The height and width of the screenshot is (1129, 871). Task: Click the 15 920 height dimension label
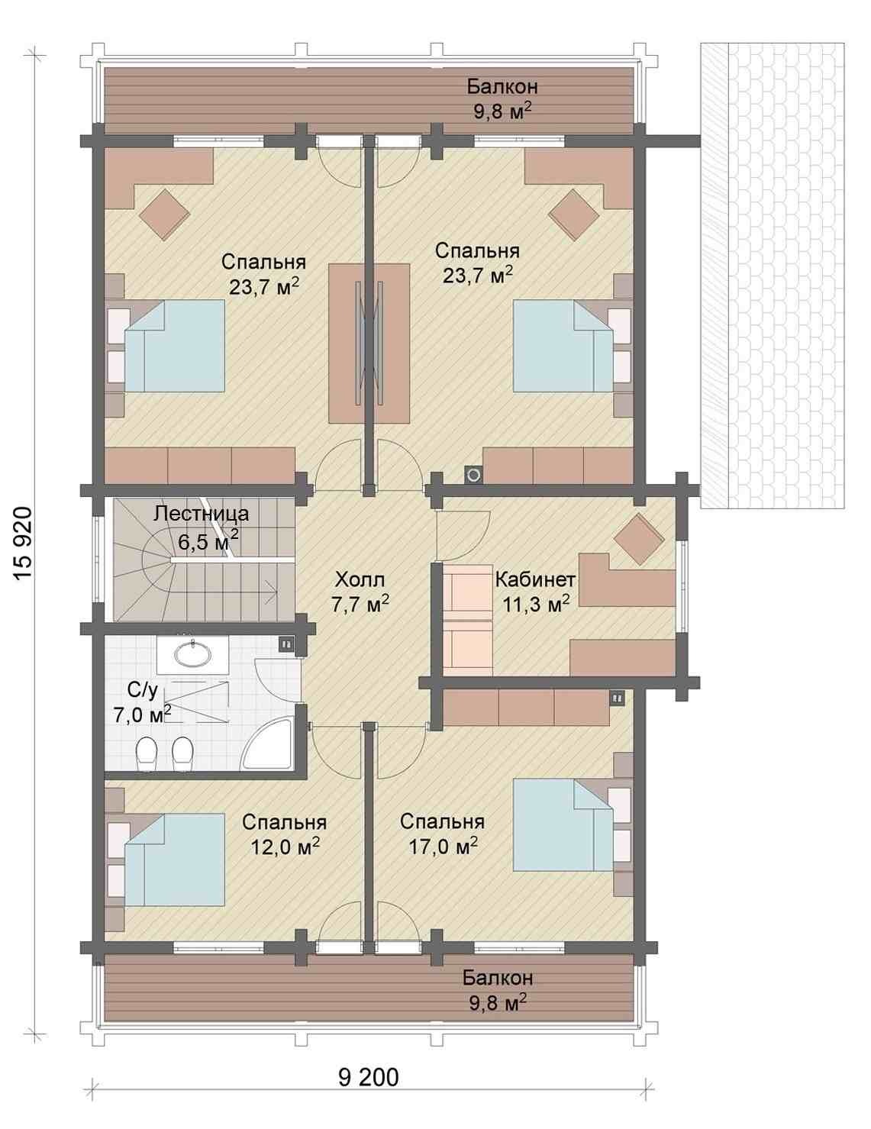click(24, 544)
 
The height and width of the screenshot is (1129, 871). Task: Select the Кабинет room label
click(535, 579)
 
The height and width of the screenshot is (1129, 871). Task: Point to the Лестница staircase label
click(202, 513)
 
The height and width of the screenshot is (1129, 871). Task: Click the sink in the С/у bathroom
click(192, 654)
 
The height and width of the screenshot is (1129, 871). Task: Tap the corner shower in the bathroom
click(268, 744)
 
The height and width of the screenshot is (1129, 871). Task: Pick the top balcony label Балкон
click(502, 87)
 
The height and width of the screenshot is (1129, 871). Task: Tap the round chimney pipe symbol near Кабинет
click(474, 474)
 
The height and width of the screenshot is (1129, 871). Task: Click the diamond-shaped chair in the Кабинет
click(639, 539)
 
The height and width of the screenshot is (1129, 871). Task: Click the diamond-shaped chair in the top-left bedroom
click(165, 215)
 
